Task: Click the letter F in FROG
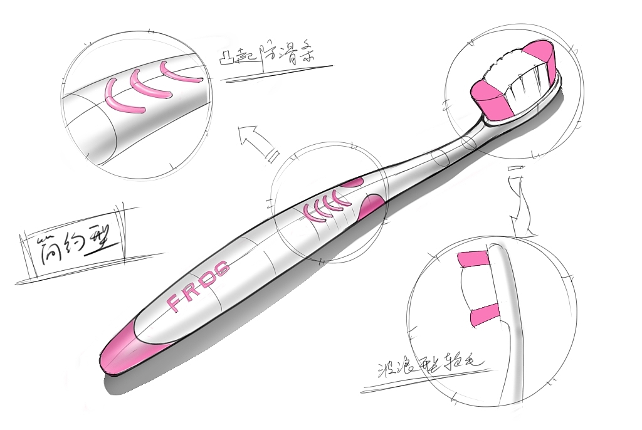pyautogui.click(x=176, y=303)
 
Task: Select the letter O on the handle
pyautogui.click(x=208, y=280)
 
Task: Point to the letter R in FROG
pyautogui.click(x=192, y=291)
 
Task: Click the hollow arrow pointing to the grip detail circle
pyautogui.click(x=257, y=142)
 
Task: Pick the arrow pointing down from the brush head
pyautogui.click(x=518, y=201)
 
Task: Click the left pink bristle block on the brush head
pyautogui.click(x=492, y=99)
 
